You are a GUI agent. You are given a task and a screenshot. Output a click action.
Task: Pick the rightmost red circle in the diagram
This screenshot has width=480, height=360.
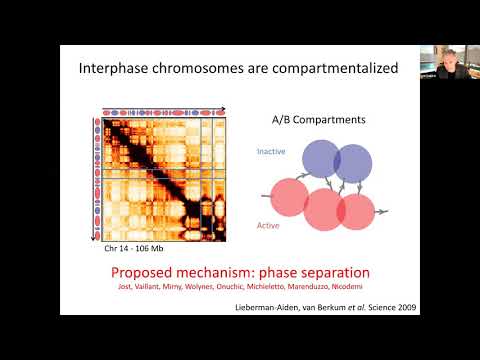coord(355,211)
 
